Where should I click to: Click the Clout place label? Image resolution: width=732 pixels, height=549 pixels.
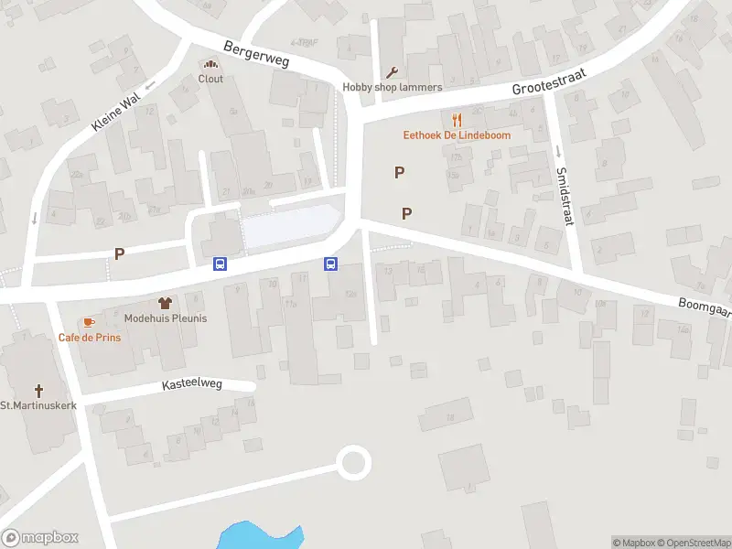(210, 79)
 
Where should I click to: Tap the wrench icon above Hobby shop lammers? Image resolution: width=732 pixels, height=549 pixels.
(393, 73)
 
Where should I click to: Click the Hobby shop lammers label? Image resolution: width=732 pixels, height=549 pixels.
(393, 88)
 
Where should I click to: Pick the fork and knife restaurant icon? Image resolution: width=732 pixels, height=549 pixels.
(457, 120)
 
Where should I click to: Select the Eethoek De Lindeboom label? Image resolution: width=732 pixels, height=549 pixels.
(457, 135)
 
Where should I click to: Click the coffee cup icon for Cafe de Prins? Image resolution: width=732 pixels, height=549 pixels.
(89, 322)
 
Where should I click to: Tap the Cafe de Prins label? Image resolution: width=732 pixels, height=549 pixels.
(90, 337)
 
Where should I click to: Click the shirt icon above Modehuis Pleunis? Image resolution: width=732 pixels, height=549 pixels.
(166, 303)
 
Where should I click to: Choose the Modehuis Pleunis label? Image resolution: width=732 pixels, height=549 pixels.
(166, 318)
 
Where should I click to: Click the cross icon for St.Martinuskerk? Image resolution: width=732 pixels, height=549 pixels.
(39, 390)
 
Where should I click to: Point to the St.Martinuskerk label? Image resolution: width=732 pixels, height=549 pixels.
(38, 405)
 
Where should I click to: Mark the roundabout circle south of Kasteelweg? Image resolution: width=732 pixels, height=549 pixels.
(353, 462)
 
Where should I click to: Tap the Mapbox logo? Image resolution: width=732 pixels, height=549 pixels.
(40, 538)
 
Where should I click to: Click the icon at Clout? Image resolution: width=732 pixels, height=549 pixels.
(210, 64)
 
